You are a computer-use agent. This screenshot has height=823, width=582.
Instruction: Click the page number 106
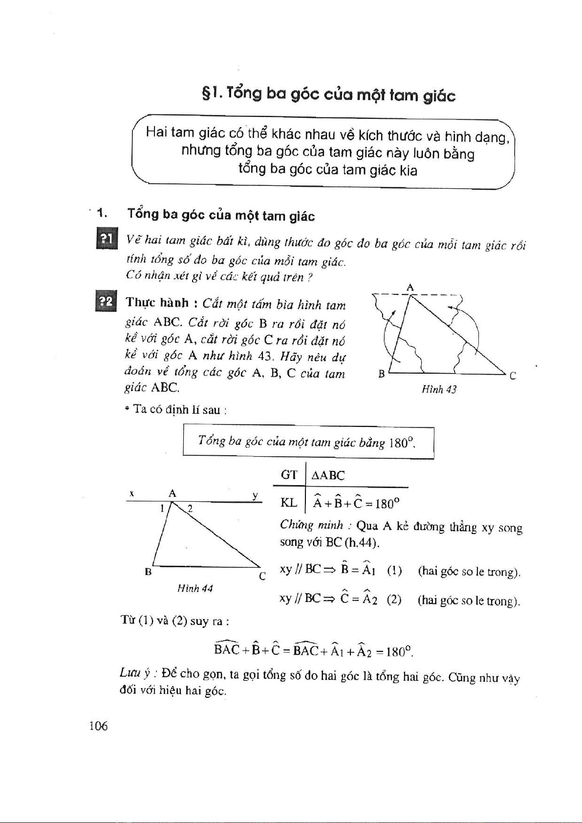(x=98, y=726)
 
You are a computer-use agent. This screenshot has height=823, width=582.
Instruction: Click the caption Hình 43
(x=439, y=389)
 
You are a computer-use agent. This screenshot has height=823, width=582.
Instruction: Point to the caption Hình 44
(x=195, y=588)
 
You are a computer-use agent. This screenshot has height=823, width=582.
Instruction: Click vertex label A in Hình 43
(x=410, y=288)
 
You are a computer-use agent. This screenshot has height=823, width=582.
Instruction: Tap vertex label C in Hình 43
(x=513, y=376)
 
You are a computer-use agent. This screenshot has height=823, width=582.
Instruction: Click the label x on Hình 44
(x=131, y=494)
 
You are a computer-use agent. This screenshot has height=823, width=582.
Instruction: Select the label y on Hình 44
(x=255, y=495)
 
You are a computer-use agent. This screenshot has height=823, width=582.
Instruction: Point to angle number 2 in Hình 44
(x=190, y=509)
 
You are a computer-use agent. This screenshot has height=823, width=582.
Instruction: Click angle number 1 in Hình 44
(x=162, y=509)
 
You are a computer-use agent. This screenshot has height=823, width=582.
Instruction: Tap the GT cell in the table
(x=289, y=475)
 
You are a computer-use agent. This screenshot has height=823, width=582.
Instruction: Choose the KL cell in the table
(x=289, y=502)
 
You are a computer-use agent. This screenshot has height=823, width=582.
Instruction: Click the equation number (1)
(x=394, y=571)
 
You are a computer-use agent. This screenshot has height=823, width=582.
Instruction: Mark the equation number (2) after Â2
(x=394, y=600)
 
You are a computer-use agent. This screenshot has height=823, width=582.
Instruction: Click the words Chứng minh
(x=312, y=526)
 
